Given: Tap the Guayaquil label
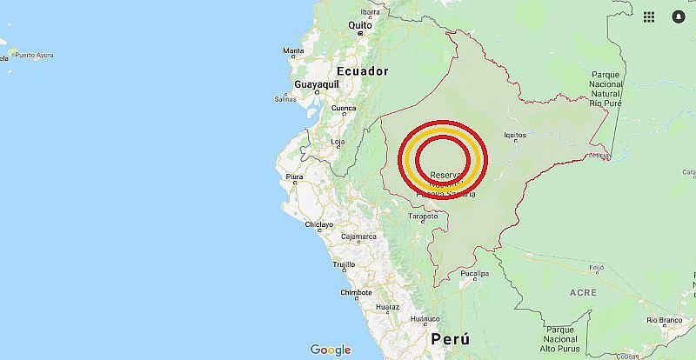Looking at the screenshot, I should [317, 83].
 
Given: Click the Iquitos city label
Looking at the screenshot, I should [515, 135].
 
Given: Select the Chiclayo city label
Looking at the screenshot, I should [318, 224].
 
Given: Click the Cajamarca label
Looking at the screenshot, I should [358, 237].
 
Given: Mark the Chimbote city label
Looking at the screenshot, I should [356, 293].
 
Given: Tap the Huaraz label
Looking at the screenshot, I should [387, 307].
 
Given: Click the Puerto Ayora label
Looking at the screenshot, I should [32, 56].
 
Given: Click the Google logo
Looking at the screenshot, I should [331, 350].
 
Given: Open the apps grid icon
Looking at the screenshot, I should [649, 16].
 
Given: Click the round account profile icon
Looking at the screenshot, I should [679, 16].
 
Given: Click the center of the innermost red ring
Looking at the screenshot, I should [444, 159].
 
